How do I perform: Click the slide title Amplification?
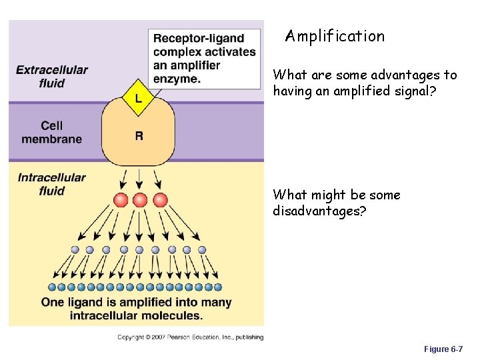click(x=335, y=36)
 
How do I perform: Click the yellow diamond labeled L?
click(x=139, y=98)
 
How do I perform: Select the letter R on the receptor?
click(x=139, y=136)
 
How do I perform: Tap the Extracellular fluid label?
click(x=52, y=77)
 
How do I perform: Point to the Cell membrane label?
click(x=52, y=132)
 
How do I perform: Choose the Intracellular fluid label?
click(x=52, y=184)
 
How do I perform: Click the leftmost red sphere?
click(x=121, y=200)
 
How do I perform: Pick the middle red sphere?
click(x=139, y=200)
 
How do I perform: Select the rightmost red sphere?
click(x=159, y=200)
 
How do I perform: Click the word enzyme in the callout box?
click(x=175, y=79)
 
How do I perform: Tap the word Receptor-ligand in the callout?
click(x=199, y=39)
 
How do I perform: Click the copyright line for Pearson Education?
click(x=190, y=337)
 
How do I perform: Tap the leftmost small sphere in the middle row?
click(x=75, y=250)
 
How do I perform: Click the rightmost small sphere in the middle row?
click(x=203, y=250)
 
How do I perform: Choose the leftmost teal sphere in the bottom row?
click(x=52, y=287)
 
